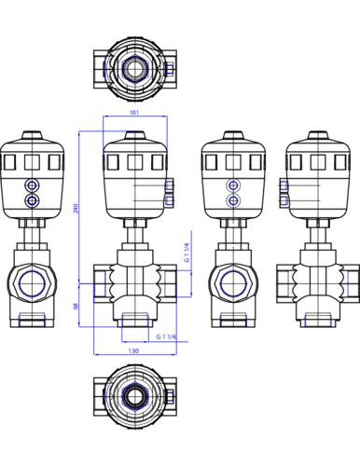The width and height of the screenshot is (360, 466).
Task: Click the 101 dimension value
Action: point(133,112)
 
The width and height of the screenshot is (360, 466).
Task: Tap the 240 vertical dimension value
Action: point(76,208)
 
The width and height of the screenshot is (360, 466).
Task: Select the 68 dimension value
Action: point(76,306)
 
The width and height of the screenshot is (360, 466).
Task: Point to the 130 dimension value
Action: point(133,350)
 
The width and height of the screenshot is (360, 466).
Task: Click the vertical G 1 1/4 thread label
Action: point(187,253)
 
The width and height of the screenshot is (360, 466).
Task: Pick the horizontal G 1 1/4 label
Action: point(166,336)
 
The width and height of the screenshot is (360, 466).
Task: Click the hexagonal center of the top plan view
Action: point(135,68)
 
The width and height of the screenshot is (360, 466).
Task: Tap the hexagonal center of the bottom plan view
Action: point(135,396)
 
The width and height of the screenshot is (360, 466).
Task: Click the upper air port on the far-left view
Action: point(32,186)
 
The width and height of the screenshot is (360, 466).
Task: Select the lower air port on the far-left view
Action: point(32,200)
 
